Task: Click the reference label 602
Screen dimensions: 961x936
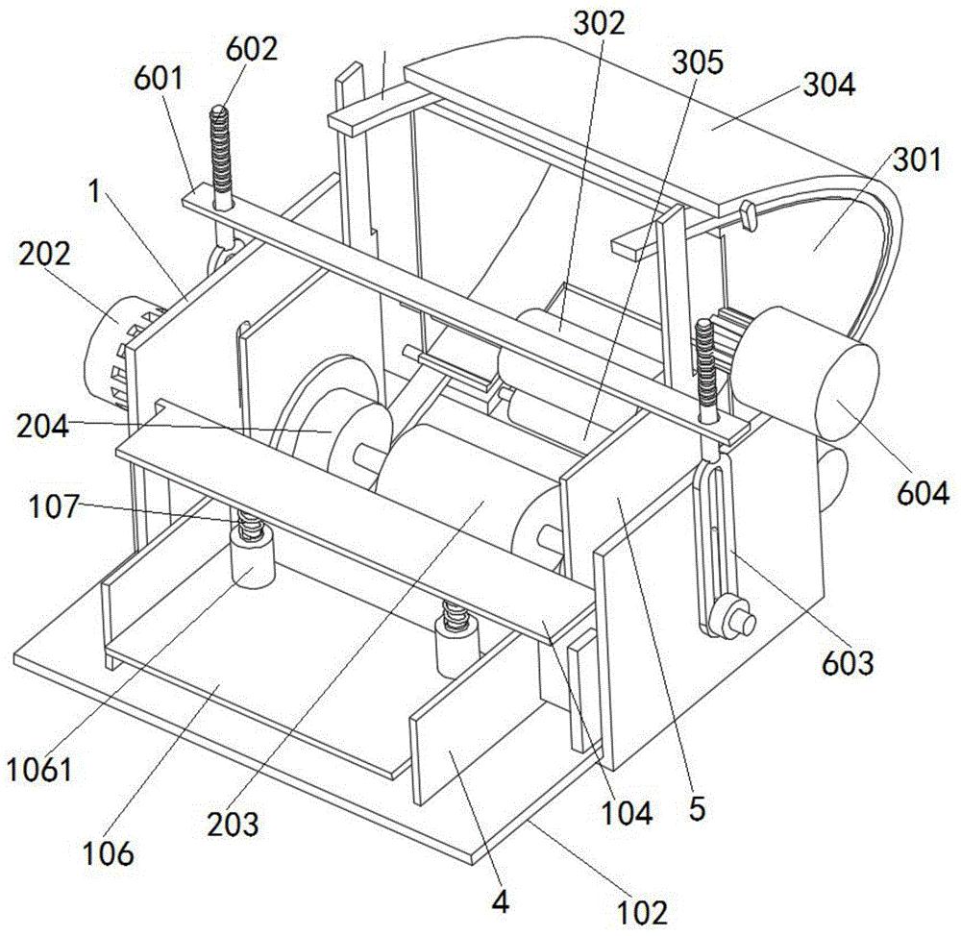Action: [x=251, y=48]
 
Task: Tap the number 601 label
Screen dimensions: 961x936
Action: [x=159, y=78]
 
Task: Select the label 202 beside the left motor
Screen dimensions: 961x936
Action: [x=44, y=254]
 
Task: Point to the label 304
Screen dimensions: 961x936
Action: [x=829, y=85]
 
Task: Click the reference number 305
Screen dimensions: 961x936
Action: [x=698, y=62]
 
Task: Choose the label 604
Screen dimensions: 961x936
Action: [x=923, y=492]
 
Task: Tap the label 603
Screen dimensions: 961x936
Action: [x=848, y=662]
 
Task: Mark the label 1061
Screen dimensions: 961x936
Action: [x=39, y=770]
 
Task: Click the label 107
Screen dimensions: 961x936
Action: [x=54, y=506]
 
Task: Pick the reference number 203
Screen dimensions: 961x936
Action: [x=233, y=825]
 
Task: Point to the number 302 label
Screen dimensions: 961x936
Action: [x=599, y=23]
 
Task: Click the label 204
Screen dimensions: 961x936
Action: [x=42, y=426]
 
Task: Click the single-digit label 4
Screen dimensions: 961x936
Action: [x=501, y=901]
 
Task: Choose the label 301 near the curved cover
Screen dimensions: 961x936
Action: [x=917, y=160]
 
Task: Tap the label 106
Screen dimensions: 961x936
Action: [x=108, y=853]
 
